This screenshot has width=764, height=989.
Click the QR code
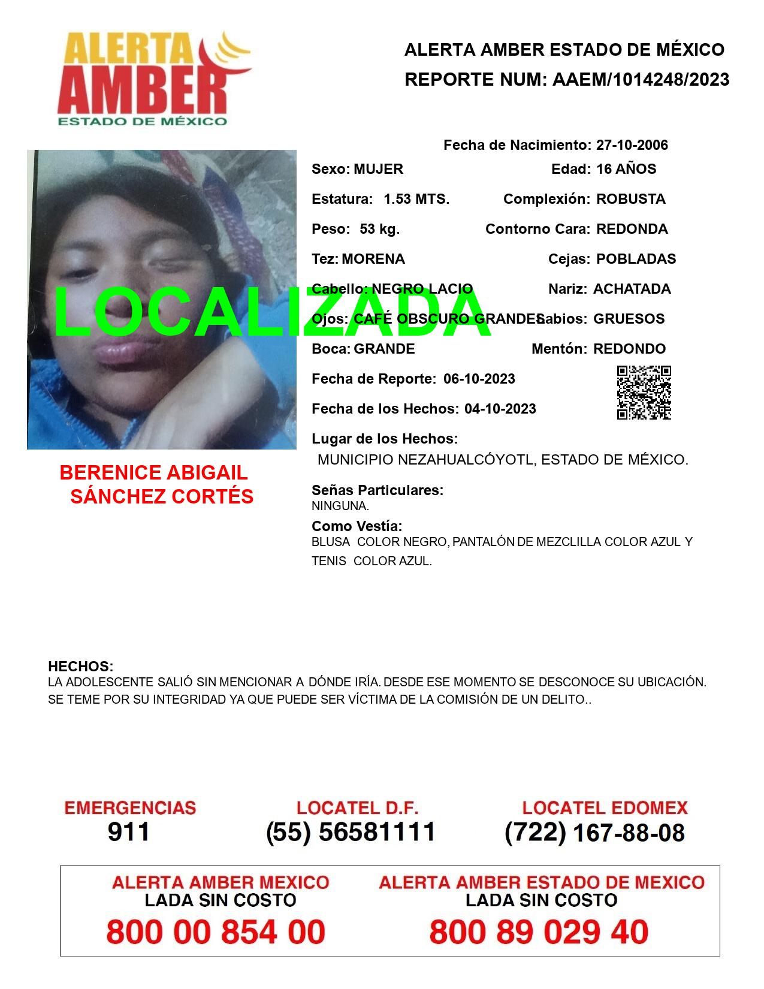(644, 393)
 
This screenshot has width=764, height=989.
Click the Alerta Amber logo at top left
(153, 79)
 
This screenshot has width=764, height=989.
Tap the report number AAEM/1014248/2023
(641, 80)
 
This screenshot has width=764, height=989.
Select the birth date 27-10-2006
(632, 145)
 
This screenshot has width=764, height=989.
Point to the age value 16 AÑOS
(626, 169)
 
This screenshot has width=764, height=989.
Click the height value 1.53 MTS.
(416, 199)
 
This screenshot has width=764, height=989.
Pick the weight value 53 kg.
(379, 229)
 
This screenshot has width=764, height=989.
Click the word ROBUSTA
(630, 199)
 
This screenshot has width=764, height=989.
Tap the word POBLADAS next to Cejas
(636, 259)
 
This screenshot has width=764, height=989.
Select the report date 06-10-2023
(479, 379)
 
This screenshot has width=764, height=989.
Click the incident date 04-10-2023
(500, 409)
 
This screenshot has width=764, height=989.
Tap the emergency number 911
(129, 832)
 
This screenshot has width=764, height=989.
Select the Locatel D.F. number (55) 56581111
(351, 832)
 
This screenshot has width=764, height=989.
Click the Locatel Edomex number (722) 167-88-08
(594, 833)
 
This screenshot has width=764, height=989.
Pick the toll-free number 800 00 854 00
(216, 932)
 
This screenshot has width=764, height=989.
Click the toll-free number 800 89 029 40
(539, 932)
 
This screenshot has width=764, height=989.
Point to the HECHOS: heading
(80, 667)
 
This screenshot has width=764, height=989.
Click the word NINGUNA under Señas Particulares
(340, 506)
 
